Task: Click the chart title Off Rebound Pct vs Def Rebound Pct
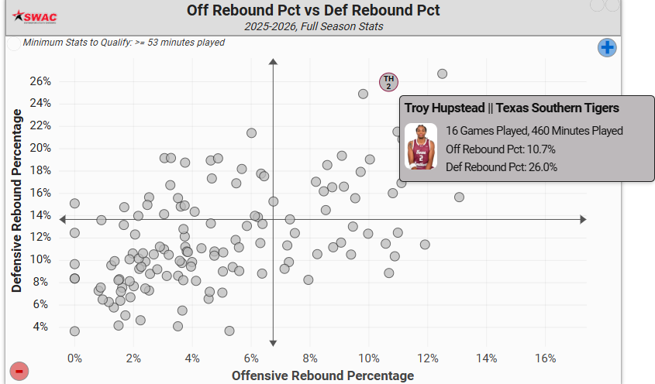313,10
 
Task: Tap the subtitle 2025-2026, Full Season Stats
313,26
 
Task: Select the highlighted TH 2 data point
388,81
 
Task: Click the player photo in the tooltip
421,146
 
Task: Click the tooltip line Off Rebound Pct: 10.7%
501,149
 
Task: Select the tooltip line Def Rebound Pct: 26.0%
502,166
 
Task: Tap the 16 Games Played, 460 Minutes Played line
534,131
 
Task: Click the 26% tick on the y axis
40,81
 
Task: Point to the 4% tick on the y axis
43,327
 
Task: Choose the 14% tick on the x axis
486,358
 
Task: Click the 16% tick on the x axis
545,358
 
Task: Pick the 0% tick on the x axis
74,358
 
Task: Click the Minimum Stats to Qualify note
124,43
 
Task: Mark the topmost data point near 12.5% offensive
442,74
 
